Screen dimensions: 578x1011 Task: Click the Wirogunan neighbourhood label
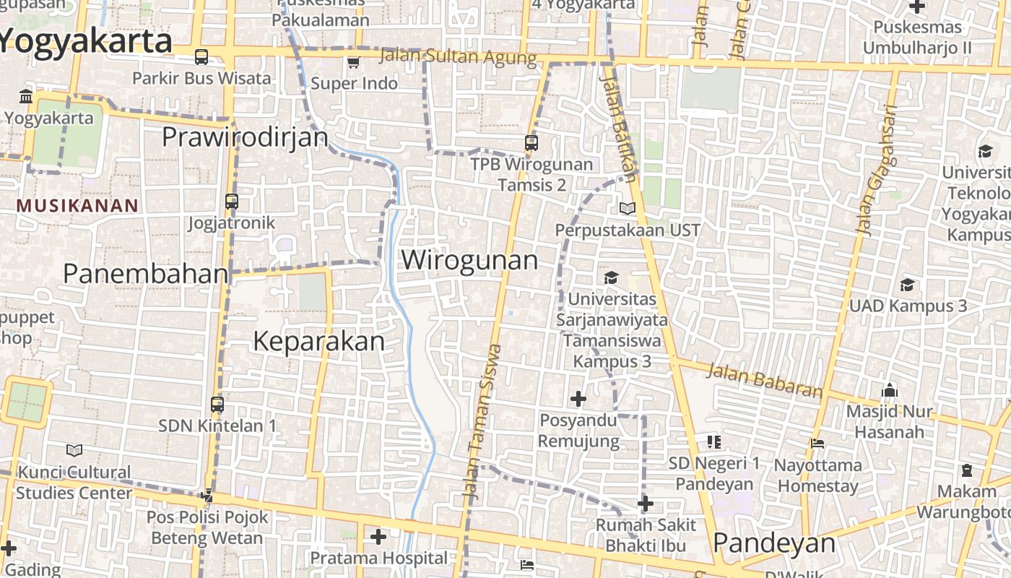click(x=469, y=260)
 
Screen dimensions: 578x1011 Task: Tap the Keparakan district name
click(x=318, y=341)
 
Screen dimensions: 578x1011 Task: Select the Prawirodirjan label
click(x=245, y=137)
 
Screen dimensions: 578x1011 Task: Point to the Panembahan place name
click(x=146, y=274)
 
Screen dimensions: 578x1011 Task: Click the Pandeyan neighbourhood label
click(x=773, y=543)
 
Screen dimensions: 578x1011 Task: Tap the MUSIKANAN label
click(x=77, y=206)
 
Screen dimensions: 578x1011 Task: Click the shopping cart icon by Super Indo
click(x=353, y=63)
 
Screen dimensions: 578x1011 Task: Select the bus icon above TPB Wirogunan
click(x=531, y=142)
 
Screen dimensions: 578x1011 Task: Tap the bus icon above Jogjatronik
click(x=232, y=202)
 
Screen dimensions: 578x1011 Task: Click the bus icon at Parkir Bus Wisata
click(x=201, y=57)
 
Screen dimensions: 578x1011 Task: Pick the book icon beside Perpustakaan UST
click(x=627, y=209)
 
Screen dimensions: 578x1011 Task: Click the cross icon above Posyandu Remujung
click(x=578, y=398)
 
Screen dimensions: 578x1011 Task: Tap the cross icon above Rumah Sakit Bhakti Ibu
click(x=646, y=503)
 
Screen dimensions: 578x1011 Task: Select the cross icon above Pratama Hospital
click(x=378, y=537)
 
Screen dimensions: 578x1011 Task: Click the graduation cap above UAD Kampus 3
click(x=907, y=285)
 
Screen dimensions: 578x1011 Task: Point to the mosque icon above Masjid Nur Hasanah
click(x=890, y=390)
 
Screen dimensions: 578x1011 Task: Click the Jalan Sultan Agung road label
click(x=458, y=57)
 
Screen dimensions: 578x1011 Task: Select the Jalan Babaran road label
click(x=765, y=381)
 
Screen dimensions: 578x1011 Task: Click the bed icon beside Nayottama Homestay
click(x=817, y=443)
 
